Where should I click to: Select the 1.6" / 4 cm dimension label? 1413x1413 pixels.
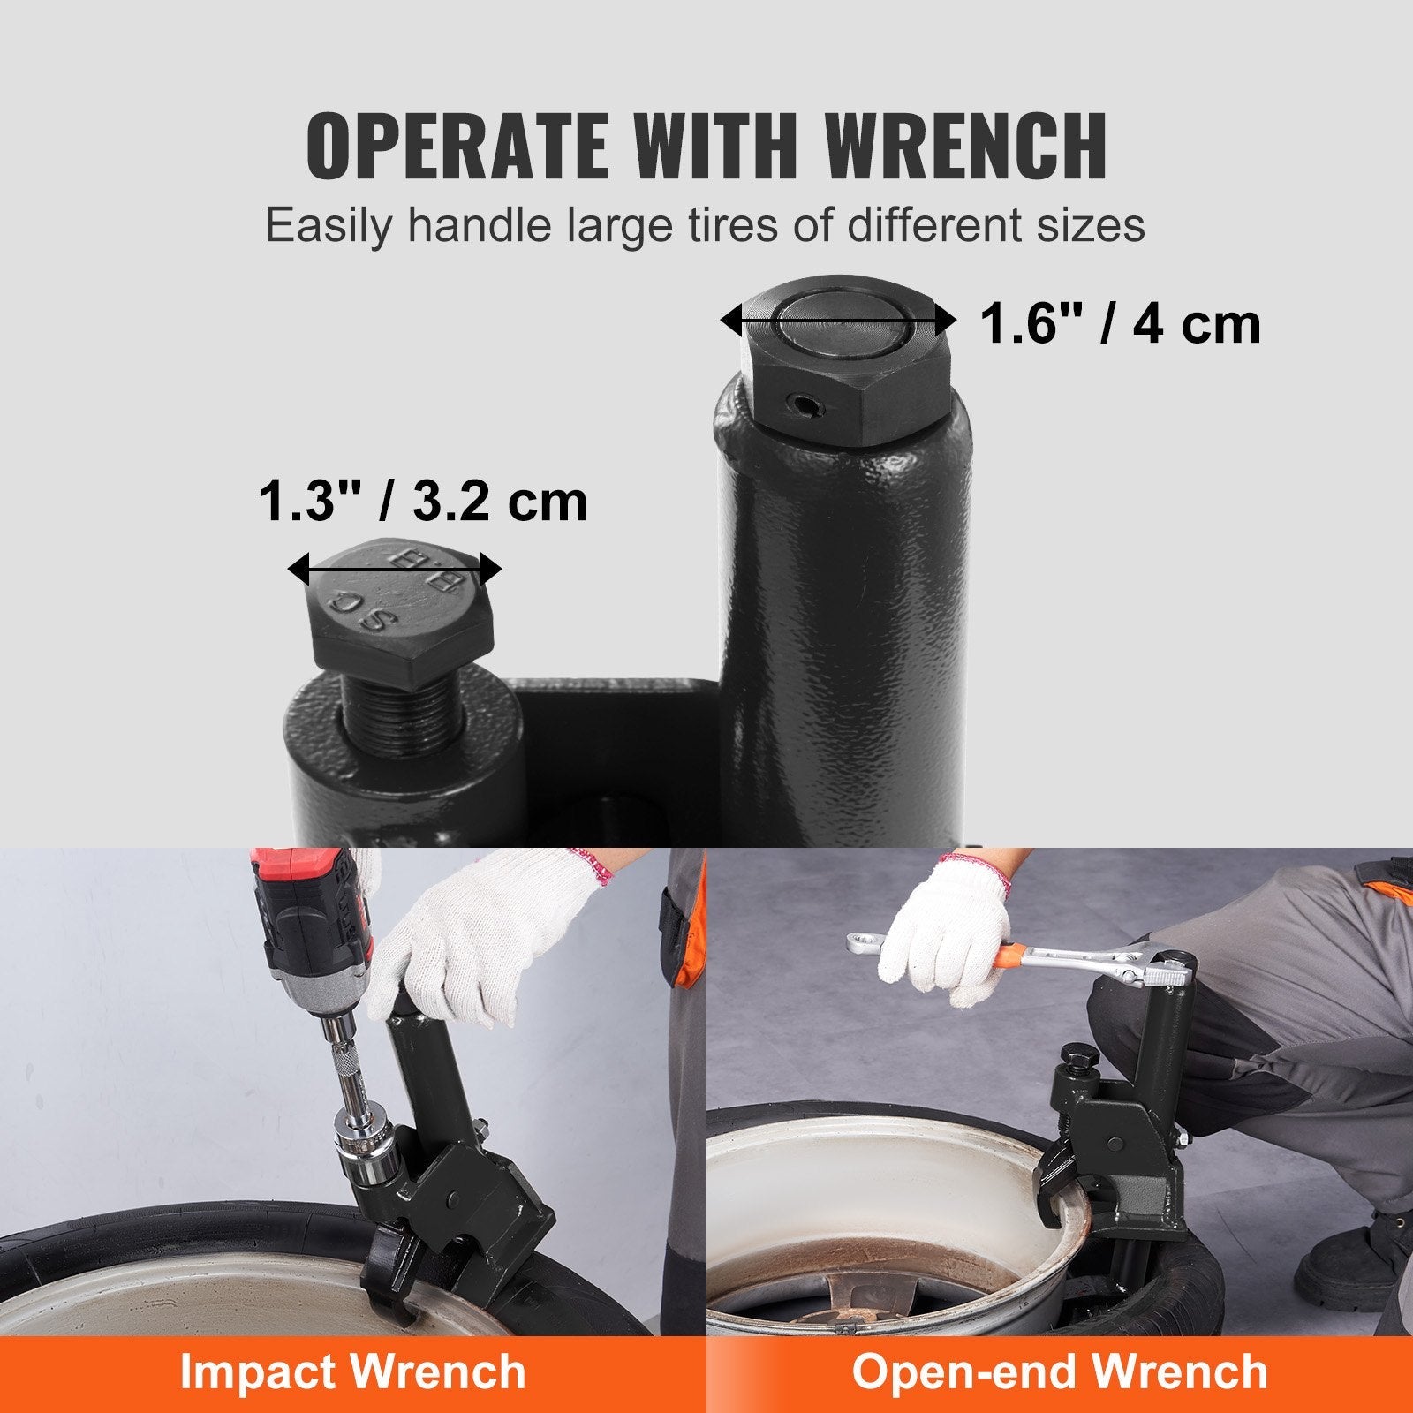click(1121, 324)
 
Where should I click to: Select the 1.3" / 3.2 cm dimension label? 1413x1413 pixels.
click(423, 502)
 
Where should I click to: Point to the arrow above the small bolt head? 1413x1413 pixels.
click(395, 570)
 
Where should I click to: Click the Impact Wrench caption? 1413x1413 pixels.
click(352, 1372)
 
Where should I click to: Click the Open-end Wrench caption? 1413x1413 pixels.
click(1060, 1372)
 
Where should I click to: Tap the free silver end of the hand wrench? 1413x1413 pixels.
click(861, 942)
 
